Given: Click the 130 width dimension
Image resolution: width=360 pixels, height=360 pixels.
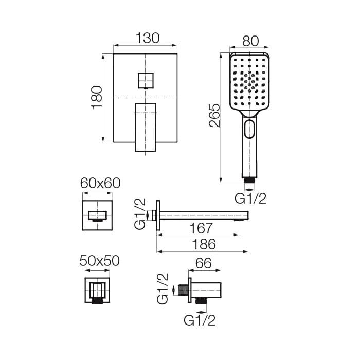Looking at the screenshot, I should coord(147,38).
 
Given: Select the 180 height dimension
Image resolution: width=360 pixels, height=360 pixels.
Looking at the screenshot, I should coord(97,97).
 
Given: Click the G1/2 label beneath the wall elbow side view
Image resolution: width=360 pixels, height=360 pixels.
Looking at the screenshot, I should coord(200,321).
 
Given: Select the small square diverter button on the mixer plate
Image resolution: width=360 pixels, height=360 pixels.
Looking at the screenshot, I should coord(146,81).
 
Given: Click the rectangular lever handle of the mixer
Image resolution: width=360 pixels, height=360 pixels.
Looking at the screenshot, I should coord(145,127).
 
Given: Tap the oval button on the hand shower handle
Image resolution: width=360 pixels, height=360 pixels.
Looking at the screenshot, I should coord(250,129).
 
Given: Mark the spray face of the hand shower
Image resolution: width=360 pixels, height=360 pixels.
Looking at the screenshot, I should coord(249,82).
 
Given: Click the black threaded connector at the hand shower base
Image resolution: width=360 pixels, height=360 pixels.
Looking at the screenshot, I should coord(249,181).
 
